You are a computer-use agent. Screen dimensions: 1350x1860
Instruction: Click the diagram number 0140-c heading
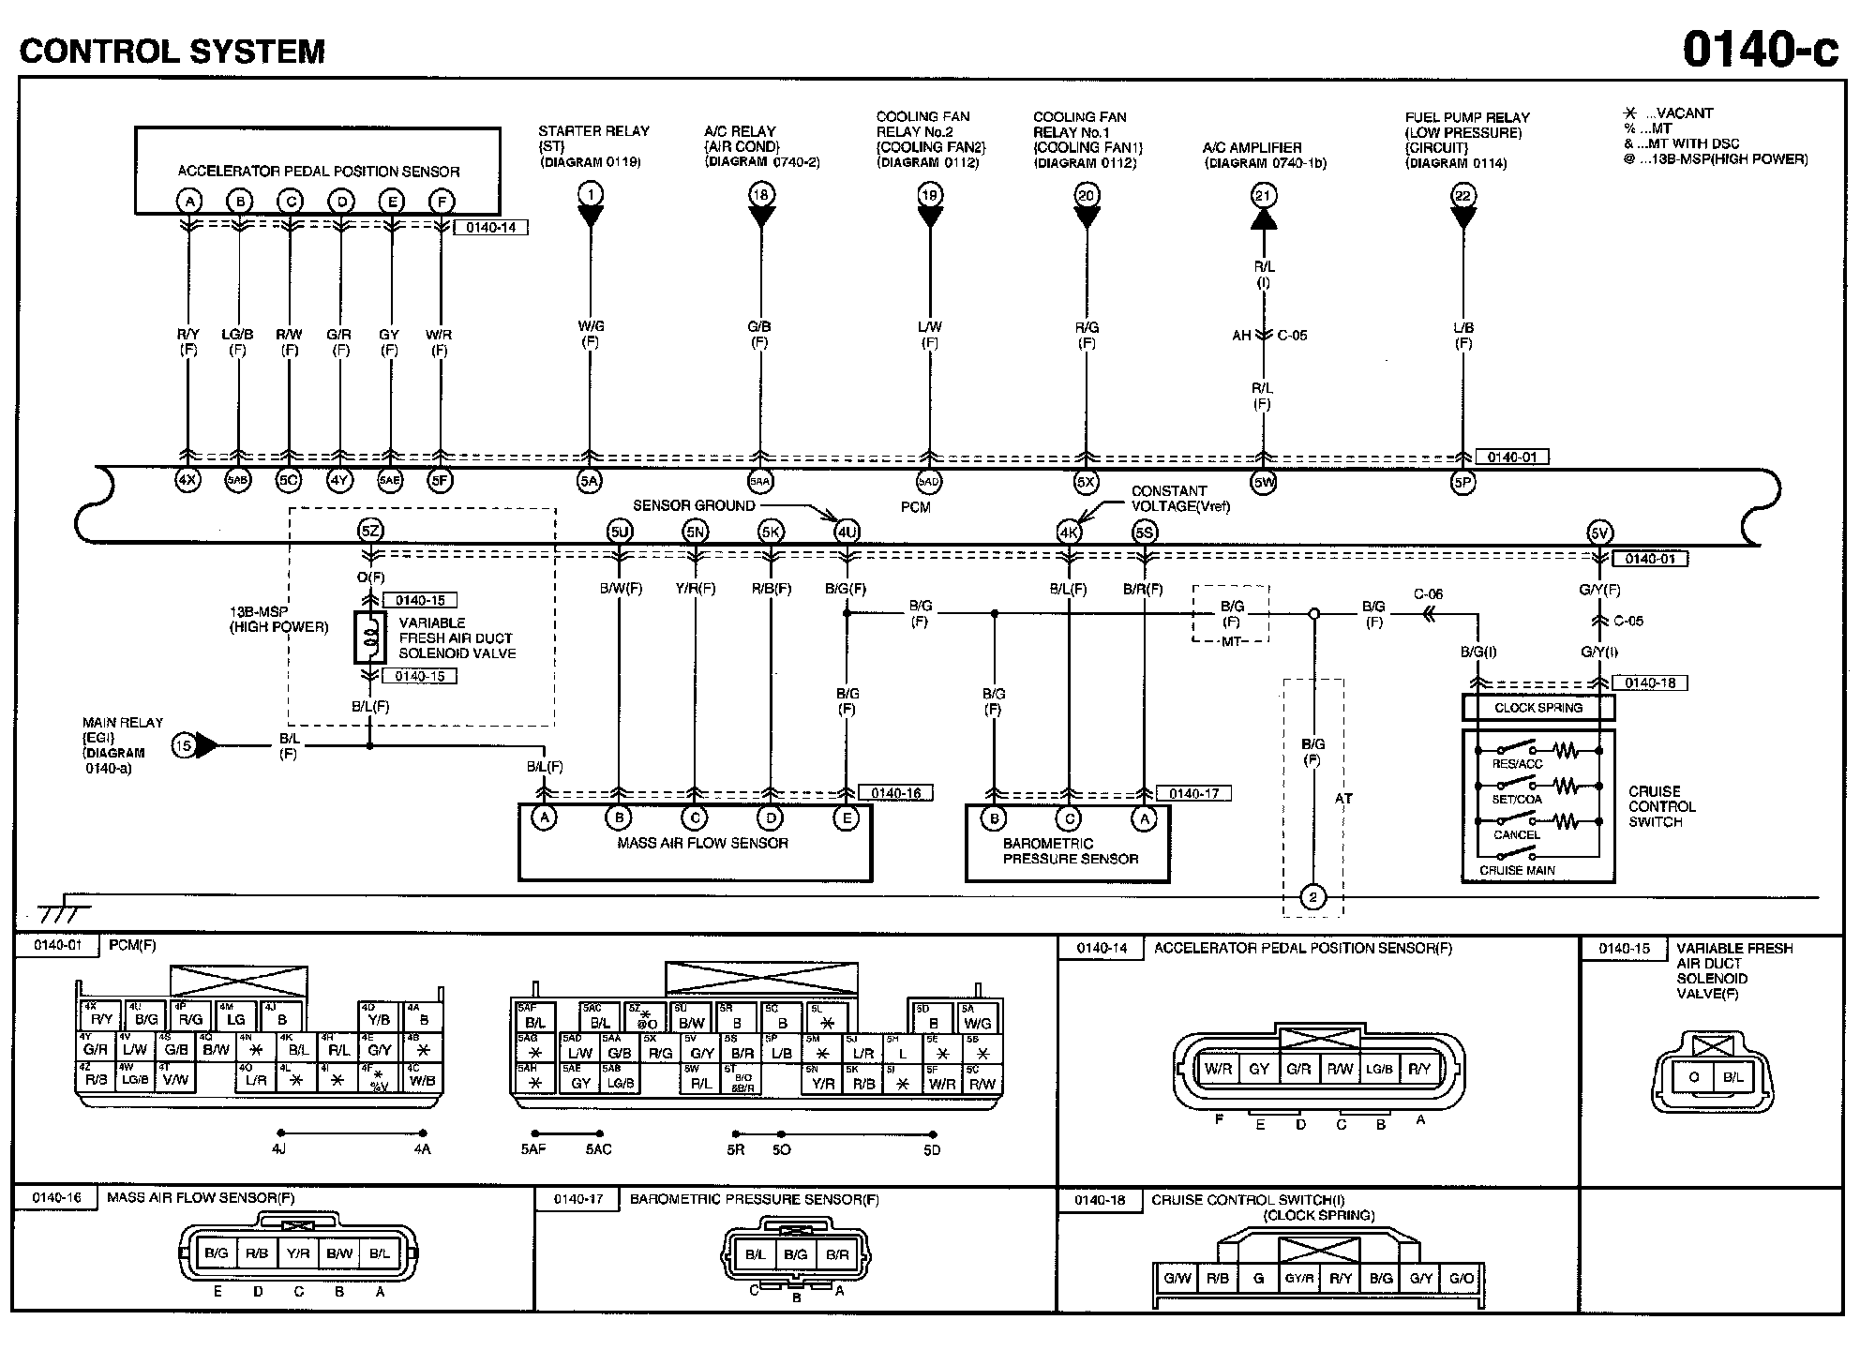[x=1760, y=49]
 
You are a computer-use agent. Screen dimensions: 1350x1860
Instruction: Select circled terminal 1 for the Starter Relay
[x=590, y=195]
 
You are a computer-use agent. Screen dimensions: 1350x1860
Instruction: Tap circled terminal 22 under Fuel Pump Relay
[x=1462, y=195]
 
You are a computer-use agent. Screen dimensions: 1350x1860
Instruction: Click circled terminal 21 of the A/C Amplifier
[x=1263, y=195]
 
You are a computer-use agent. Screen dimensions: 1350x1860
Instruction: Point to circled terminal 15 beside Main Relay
[x=184, y=745]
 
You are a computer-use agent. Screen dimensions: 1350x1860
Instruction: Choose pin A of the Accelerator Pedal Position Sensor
[x=189, y=201]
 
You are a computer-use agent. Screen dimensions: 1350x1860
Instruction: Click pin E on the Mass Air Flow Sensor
[x=846, y=818]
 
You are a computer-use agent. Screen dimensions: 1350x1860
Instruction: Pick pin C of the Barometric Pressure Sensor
[x=1069, y=818]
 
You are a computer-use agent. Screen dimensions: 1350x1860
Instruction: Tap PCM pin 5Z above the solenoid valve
[x=370, y=532]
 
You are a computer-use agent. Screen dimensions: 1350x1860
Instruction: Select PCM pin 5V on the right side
[x=1598, y=533]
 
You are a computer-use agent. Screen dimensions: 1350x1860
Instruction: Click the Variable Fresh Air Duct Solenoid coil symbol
[x=370, y=637]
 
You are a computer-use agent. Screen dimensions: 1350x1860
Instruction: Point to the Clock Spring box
[x=1537, y=708]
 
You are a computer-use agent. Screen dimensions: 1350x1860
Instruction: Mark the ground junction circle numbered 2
[x=1312, y=897]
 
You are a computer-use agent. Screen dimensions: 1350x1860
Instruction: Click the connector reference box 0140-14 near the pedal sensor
[x=490, y=228]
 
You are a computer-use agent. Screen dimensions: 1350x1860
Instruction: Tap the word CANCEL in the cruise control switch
[x=1516, y=834]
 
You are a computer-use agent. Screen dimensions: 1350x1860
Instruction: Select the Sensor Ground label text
[x=694, y=505]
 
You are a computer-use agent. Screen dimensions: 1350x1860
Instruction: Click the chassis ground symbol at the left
[x=64, y=909]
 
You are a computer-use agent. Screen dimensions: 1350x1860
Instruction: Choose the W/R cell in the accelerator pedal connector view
[x=1218, y=1069]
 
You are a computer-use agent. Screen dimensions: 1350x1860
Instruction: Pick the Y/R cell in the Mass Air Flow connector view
[x=298, y=1253]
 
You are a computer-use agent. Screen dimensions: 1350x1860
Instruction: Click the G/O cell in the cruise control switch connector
[x=1461, y=1278]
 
